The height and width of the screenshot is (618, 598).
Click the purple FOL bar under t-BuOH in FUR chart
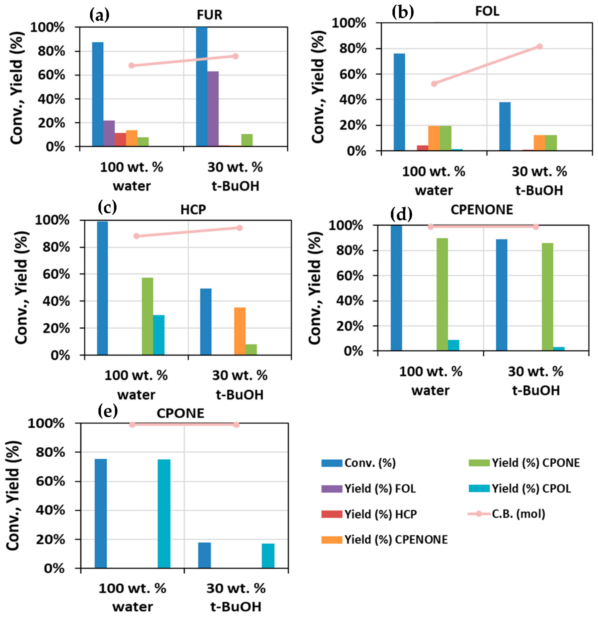213,109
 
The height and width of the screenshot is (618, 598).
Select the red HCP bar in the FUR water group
120,139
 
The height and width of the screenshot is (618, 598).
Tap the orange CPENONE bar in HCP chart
240,331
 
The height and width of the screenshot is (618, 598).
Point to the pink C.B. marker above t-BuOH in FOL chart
539,47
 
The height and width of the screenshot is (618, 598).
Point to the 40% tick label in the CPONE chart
50,510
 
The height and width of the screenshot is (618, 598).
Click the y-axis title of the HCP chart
21,288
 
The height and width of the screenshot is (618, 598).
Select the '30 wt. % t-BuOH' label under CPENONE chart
536,381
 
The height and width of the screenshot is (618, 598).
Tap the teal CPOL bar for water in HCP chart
159,335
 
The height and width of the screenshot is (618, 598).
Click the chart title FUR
209,15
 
